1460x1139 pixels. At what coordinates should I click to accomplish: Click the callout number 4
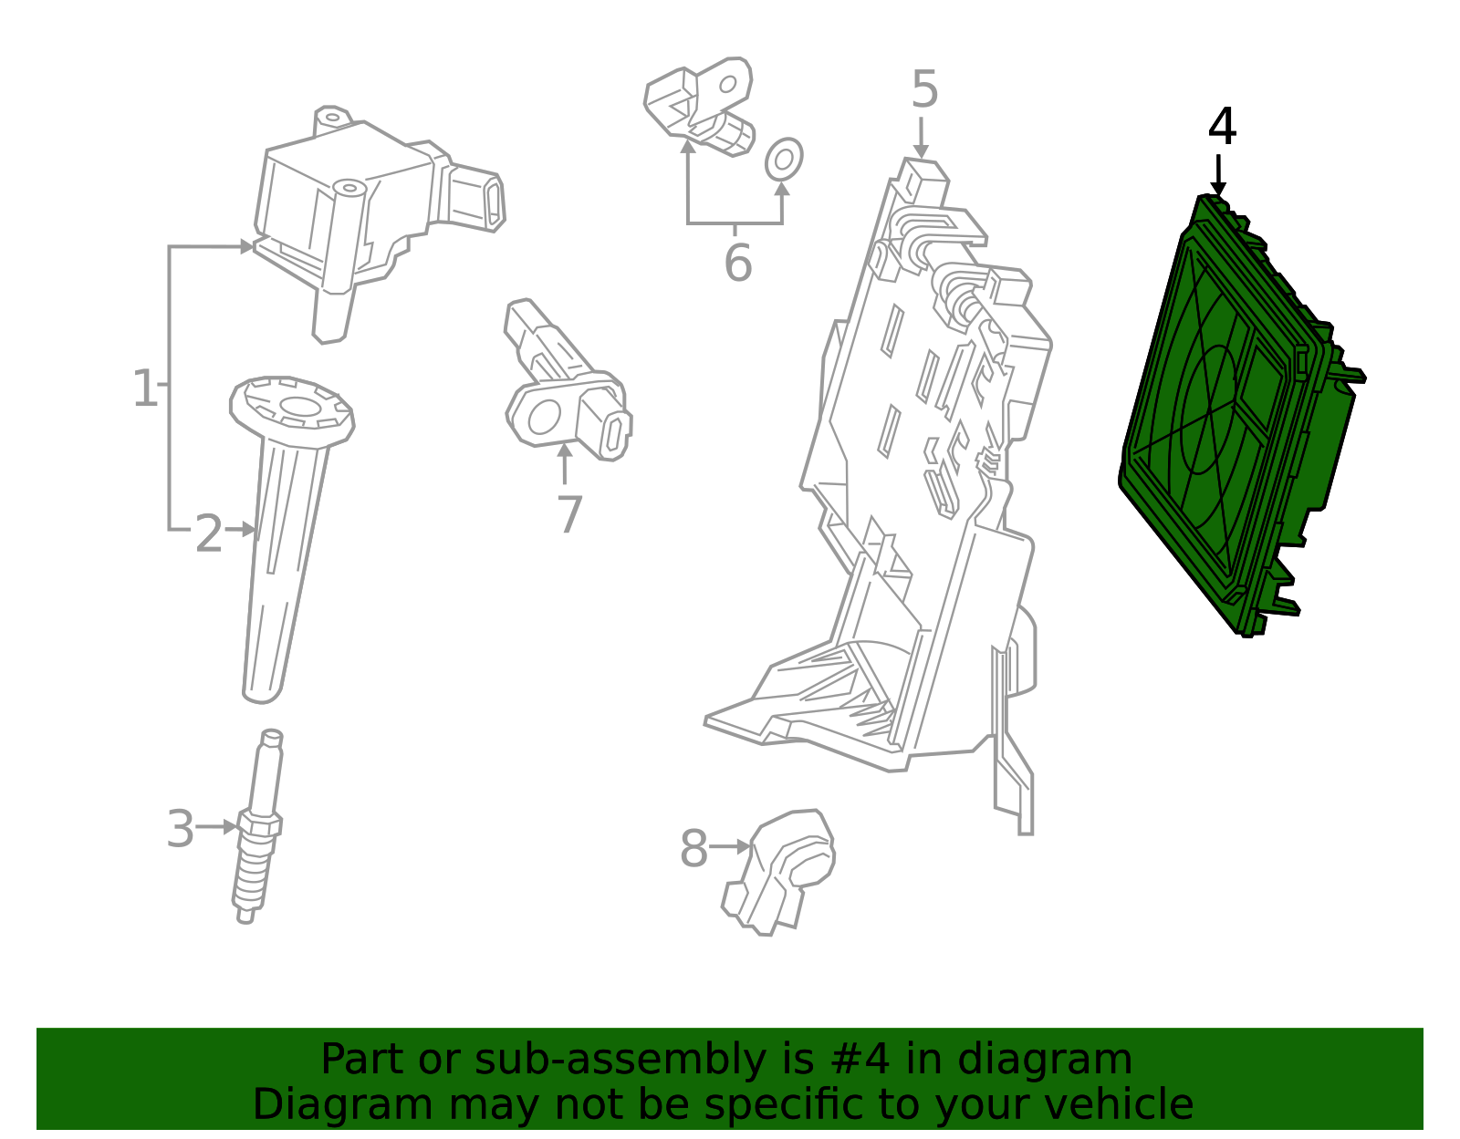point(1222,128)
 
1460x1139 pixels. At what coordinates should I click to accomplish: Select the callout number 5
point(924,90)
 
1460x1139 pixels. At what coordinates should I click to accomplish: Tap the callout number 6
point(737,263)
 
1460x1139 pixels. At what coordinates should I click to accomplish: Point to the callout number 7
point(569,515)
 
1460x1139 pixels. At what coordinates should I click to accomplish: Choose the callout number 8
point(693,849)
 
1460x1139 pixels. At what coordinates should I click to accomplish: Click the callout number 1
point(145,389)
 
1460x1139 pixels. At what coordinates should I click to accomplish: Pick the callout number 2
point(209,534)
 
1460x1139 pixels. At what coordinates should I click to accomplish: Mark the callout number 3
point(181,830)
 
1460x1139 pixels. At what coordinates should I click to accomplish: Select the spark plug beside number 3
point(258,830)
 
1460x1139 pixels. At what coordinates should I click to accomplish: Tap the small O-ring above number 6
point(783,160)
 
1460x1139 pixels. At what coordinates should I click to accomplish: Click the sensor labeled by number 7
point(566,392)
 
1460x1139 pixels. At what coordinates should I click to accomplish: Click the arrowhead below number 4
point(1218,189)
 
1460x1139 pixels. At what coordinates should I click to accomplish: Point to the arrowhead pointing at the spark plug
point(230,827)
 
